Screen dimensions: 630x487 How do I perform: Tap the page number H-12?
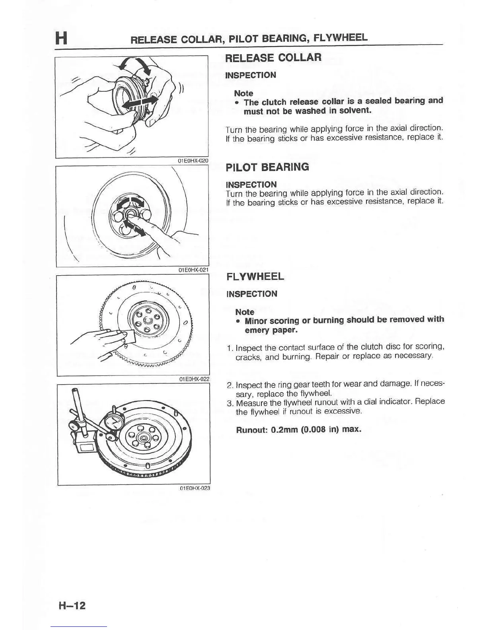[72, 606]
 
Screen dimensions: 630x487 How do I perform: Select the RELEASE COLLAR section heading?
[273, 58]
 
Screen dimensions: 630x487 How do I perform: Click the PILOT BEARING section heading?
[267, 167]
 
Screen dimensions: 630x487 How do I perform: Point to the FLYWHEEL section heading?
[255, 276]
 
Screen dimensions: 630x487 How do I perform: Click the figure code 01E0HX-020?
[193, 161]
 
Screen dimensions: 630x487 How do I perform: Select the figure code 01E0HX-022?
[194, 379]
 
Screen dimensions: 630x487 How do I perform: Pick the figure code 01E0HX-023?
[195, 488]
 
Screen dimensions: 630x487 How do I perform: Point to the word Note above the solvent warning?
[243, 93]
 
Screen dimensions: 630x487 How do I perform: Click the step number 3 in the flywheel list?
[229, 403]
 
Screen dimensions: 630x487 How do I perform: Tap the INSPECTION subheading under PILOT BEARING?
[251, 185]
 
